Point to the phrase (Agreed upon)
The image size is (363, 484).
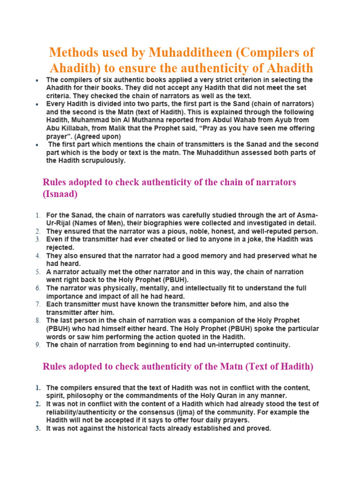(97, 136)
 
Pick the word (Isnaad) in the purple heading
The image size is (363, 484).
(60, 194)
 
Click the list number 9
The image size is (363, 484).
(37, 345)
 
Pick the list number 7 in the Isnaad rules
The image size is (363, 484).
(37, 304)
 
